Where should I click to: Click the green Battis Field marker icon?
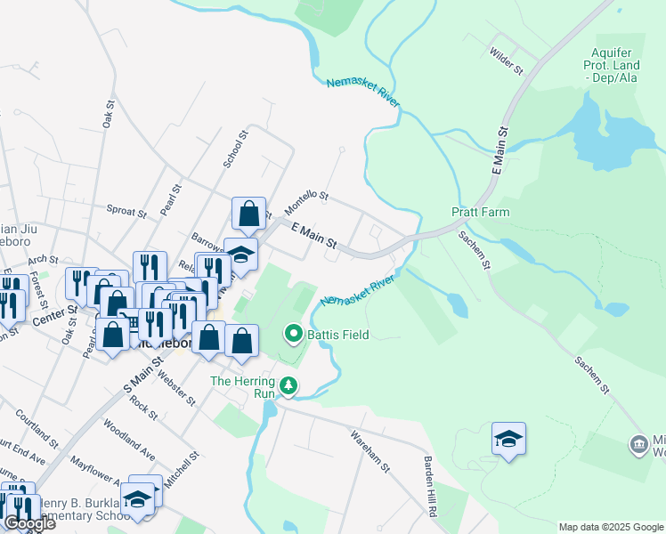293,335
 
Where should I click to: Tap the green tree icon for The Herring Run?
288,386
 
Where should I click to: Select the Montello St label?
306,202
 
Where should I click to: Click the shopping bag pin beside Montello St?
248,214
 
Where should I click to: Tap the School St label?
234,149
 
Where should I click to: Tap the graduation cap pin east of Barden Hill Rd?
508,440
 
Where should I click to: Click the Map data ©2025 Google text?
610,527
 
